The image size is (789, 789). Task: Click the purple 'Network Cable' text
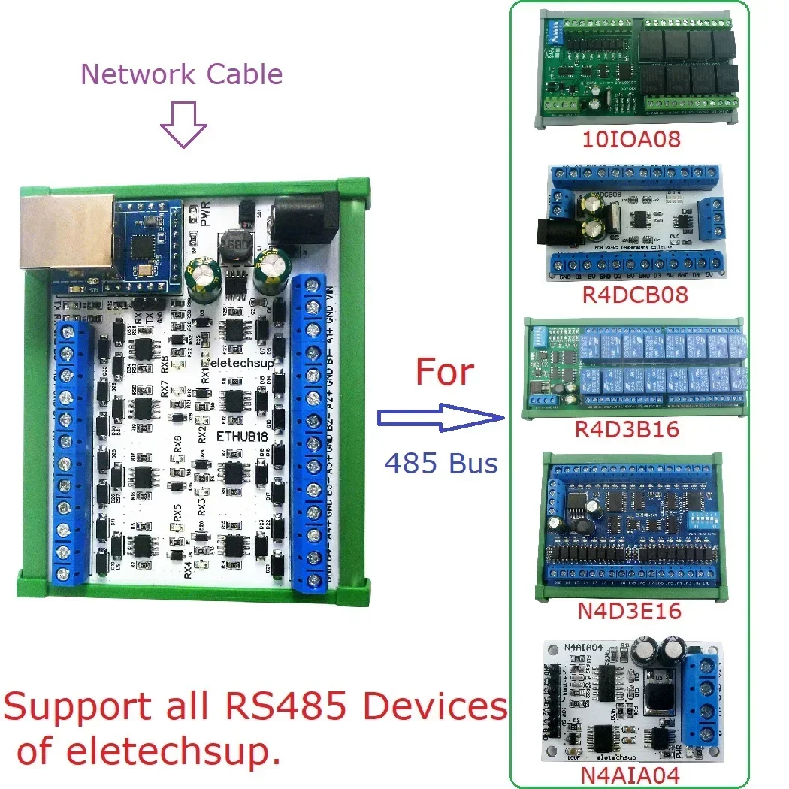pyautogui.click(x=181, y=74)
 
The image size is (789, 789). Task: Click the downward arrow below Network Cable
pyautogui.click(x=184, y=124)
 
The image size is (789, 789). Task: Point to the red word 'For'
pyautogui.click(x=445, y=373)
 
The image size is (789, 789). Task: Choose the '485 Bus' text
pyautogui.click(x=441, y=464)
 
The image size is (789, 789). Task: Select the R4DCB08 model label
pyautogui.click(x=636, y=295)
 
